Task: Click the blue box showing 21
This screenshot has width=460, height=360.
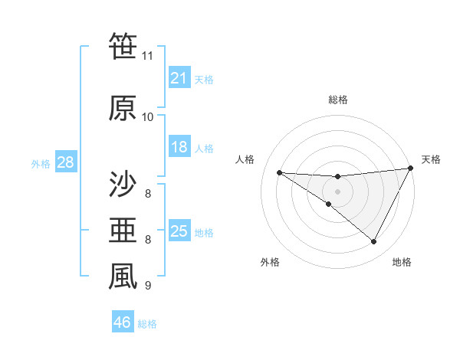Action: click(179, 78)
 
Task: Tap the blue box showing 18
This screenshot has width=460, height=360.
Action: click(179, 147)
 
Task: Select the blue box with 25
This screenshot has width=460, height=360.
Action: click(179, 231)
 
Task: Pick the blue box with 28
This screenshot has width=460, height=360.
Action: click(65, 162)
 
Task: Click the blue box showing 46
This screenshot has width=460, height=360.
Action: click(123, 322)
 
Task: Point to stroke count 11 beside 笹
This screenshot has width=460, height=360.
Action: click(147, 56)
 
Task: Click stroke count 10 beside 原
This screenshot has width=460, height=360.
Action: click(147, 116)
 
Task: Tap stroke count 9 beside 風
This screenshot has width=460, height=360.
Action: click(147, 286)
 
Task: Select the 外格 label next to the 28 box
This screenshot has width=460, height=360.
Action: click(41, 163)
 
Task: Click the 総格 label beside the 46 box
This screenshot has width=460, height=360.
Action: click(147, 324)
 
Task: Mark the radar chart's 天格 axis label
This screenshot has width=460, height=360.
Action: click(431, 159)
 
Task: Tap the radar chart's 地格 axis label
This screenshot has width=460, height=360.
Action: click(402, 262)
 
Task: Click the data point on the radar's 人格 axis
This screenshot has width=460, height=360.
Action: click(279, 172)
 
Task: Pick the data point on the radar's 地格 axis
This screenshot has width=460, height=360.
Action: click(374, 242)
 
